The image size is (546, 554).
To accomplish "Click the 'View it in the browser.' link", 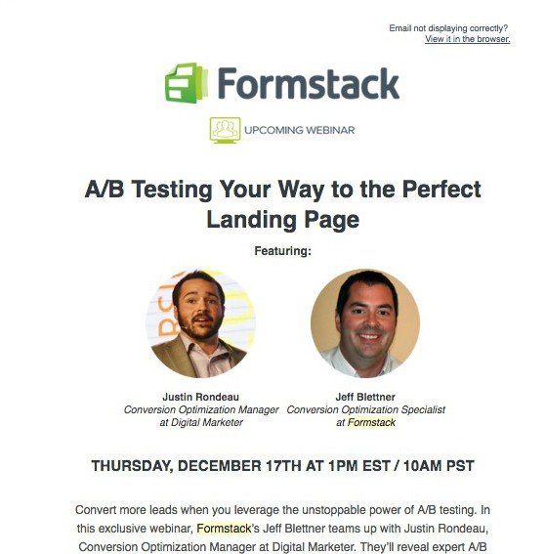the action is pos(467,39).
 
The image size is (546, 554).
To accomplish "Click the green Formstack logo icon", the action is pos(187,83).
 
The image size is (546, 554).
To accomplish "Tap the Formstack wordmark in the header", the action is pos(309,83).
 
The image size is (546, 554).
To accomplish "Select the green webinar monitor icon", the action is pos(225,130).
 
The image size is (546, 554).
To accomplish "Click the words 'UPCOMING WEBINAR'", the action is pos(299,130).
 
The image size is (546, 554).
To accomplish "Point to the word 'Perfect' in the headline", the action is pos(441,189).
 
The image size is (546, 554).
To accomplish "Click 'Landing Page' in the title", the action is pos(283,220).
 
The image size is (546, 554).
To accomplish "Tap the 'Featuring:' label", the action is pos(283,251).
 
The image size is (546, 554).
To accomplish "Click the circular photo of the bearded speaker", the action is pos(200,323).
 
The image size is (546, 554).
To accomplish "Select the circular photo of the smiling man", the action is pos(365,323).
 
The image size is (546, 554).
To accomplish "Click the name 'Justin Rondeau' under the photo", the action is pos(200,397).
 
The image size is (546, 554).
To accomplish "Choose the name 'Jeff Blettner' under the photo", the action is pos(365,397).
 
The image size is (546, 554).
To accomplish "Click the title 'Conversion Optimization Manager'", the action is pos(201,409).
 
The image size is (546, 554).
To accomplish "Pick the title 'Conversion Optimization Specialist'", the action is pos(365,409).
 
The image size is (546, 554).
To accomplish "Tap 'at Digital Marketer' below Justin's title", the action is pos(201,422).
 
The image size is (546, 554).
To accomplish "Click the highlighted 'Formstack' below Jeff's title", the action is pos(371,422).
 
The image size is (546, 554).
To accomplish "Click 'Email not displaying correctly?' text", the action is pos(448,28).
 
